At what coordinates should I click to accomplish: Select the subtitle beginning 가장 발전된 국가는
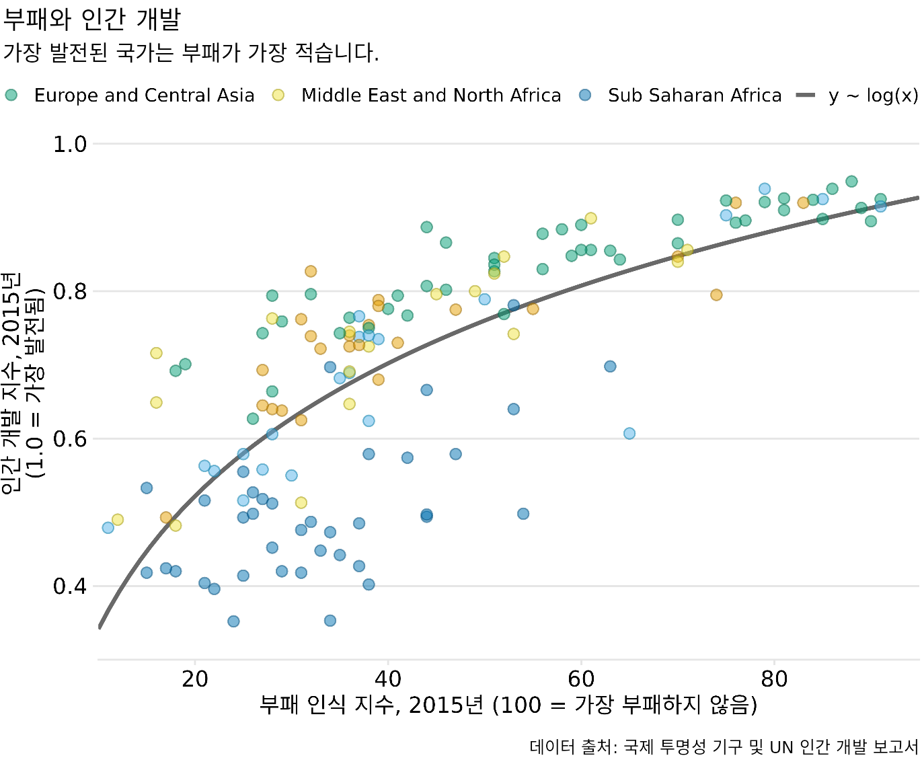tap(191, 52)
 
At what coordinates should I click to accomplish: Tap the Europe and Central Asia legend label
tap(144, 95)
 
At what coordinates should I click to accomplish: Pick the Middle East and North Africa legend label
tap(431, 95)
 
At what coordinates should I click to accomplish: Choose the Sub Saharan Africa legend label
tap(695, 95)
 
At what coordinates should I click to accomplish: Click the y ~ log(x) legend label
tap(873, 95)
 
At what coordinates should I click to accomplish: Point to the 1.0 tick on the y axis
tap(70, 144)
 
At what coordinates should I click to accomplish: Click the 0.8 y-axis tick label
tap(70, 292)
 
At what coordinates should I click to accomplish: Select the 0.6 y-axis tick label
tap(70, 439)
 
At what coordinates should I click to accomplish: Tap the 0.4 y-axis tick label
tap(70, 586)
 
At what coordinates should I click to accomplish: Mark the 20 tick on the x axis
tap(195, 679)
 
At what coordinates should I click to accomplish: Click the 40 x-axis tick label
tap(388, 679)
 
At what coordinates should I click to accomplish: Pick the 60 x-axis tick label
tap(581, 679)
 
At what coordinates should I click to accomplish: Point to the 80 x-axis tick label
tap(774, 679)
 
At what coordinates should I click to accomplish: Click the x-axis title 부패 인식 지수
tap(508, 705)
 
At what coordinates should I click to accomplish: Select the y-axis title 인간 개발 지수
tap(22, 383)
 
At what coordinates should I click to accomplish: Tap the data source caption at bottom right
tap(724, 747)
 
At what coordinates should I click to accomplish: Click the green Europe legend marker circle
tap(11, 95)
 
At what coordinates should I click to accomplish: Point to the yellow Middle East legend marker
tap(278, 95)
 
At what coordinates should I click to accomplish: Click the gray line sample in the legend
tap(806, 95)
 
